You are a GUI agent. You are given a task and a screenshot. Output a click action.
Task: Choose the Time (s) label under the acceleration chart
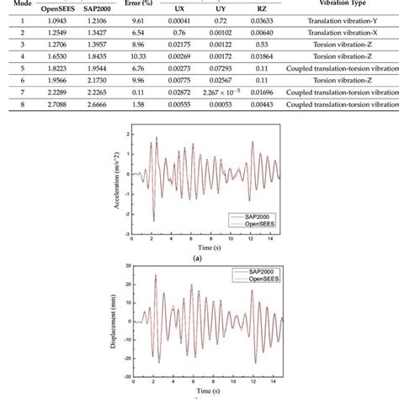tap(199, 249)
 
